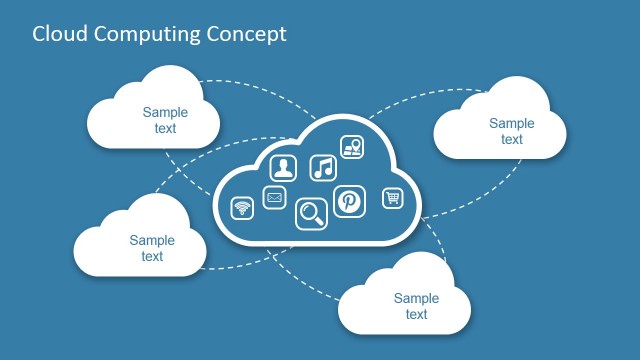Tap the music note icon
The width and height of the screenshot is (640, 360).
(322, 167)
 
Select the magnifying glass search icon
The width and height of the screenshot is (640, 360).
(311, 213)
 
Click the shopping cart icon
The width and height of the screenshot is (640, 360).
(393, 198)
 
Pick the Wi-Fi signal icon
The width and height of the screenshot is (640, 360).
(241, 208)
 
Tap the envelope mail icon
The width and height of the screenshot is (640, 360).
(274, 198)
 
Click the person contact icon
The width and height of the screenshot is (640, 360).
(285, 168)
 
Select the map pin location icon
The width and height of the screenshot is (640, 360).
(351, 146)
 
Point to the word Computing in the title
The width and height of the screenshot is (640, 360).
(149, 35)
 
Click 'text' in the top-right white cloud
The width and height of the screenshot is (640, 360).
(512, 139)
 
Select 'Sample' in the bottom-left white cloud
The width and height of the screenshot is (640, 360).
(152, 240)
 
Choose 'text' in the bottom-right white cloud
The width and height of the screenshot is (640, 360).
(417, 314)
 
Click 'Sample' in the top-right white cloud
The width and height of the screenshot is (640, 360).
(512, 123)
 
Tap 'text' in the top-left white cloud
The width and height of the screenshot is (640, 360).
(165, 128)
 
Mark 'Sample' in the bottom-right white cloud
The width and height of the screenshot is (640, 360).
(417, 298)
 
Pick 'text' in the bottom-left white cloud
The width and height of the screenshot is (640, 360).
(152, 256)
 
